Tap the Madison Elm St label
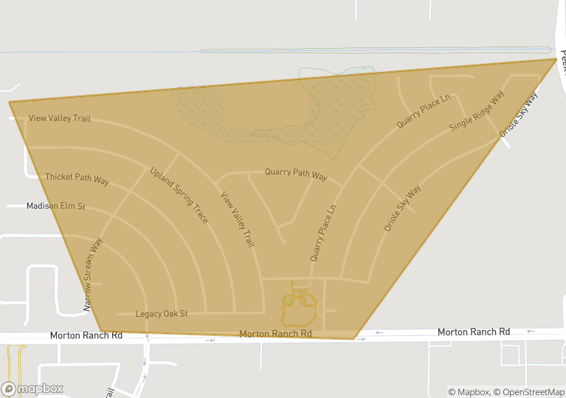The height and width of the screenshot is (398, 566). point(56,206)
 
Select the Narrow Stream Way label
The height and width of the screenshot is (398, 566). point(92,274)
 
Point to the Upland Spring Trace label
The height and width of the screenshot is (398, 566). point(179,196)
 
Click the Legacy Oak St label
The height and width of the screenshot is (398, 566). point(162,314)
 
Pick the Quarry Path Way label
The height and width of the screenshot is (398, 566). point(296,174)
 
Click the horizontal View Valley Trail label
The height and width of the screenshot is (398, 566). point(59,118)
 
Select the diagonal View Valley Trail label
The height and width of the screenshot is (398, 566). point(238,219)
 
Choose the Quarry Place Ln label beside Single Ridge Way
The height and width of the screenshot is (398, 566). point(423,112)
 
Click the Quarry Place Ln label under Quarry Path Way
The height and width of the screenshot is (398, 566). point(323,233)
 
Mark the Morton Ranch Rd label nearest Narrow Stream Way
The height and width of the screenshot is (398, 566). point(86,335)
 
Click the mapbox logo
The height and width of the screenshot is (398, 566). point(32,388)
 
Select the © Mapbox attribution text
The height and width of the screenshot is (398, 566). point(469,392)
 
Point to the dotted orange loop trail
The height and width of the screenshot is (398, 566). point(300,310)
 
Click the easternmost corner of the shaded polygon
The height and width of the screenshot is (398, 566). point(556,59)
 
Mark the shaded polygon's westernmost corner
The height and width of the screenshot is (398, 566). point(10,102)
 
